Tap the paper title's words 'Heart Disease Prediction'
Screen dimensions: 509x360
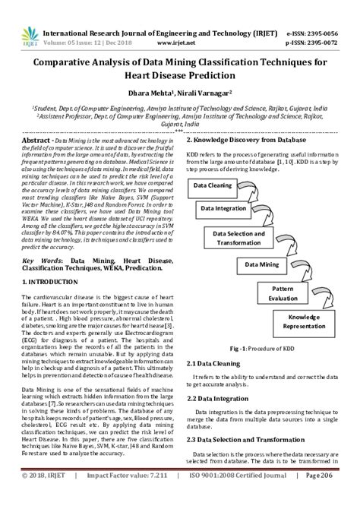[x=179, y=76]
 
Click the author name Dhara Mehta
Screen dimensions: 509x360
[x=155, y=92]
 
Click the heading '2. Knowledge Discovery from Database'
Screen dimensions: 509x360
[x=246, y=141]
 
